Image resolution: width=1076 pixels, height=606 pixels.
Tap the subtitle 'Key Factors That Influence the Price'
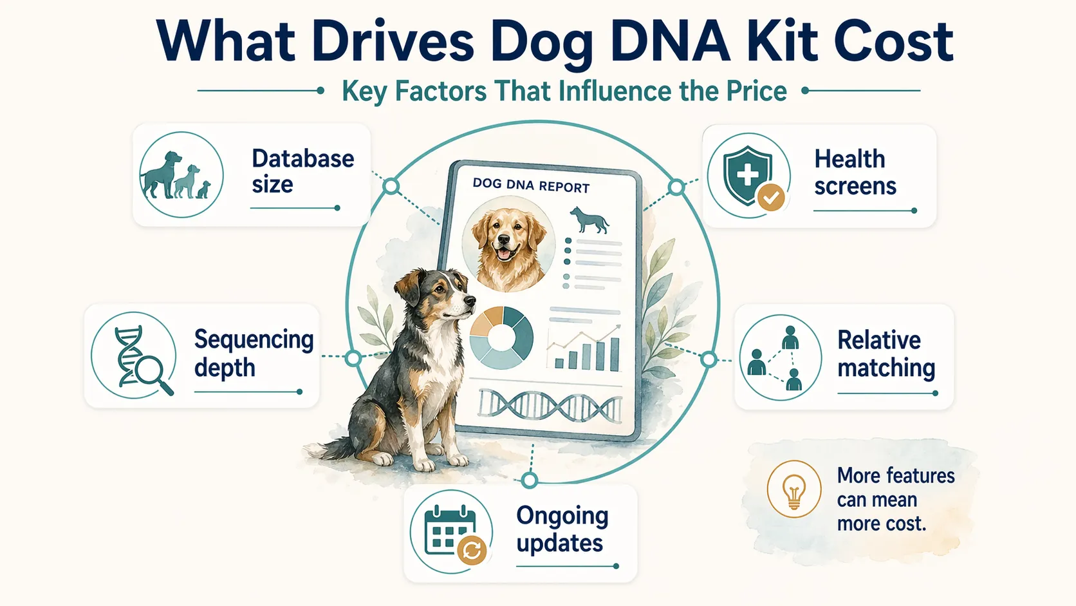564,91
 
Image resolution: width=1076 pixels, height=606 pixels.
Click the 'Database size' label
302,171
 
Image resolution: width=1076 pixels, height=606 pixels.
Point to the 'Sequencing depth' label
254,354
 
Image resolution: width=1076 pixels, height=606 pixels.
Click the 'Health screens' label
855,172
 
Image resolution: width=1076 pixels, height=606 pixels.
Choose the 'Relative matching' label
886,354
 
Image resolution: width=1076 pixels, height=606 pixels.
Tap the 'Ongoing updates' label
562,529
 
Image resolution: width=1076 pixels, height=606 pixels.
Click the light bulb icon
793,489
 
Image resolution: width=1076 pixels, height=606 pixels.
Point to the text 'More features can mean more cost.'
895,499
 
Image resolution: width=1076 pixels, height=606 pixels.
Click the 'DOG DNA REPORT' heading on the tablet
531,185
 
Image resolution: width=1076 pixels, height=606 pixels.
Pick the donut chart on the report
501,337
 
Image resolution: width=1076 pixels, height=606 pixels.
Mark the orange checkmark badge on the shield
770,198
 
